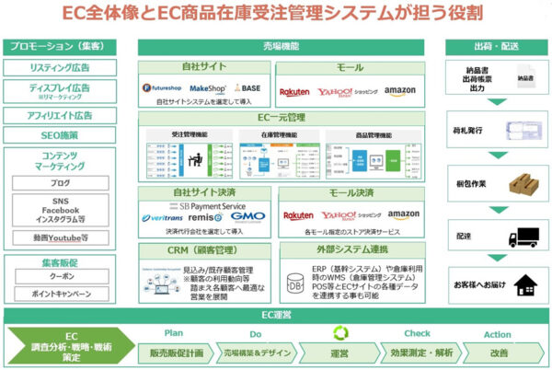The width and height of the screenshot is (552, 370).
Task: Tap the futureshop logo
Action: click(165, 88)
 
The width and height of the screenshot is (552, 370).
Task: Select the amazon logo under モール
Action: click(400, 91)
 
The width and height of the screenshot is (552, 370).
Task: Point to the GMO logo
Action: click(248, 216)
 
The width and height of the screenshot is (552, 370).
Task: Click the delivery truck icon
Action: click(525, 237)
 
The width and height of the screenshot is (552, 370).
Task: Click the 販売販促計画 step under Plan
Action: click(176, 353)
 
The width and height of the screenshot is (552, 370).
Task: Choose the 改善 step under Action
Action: click(498, 353)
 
